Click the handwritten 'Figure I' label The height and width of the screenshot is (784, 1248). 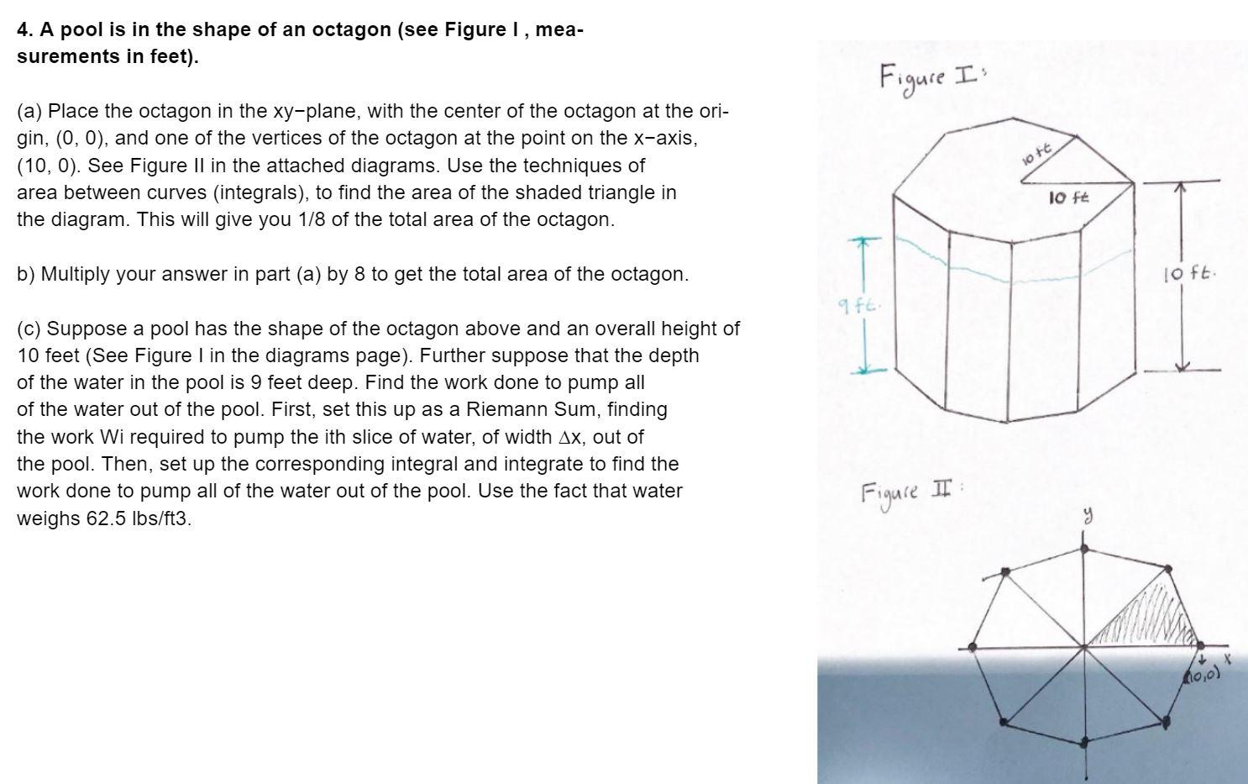[x=931, y=76]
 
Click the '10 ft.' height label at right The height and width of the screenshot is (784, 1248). [x=1189, y=274]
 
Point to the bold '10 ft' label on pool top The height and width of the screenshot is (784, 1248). [x=1069, y=198]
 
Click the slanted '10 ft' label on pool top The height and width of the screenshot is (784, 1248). [x=1036, y=155]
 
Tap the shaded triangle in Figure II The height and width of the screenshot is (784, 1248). [x=1151, y=618]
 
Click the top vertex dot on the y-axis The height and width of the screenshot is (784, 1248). [x=1085, y=549]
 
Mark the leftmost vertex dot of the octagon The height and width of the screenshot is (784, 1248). [x=973, y=647]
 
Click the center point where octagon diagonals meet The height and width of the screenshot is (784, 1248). [x=1085, y=647]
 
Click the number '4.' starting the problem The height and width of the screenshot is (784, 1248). [x=25, y=30]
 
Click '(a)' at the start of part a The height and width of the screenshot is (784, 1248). [x=30, y=112]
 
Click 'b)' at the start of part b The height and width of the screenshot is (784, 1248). [x=26, y=275]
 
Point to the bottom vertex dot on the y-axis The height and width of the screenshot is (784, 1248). [x=1086, y=742]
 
